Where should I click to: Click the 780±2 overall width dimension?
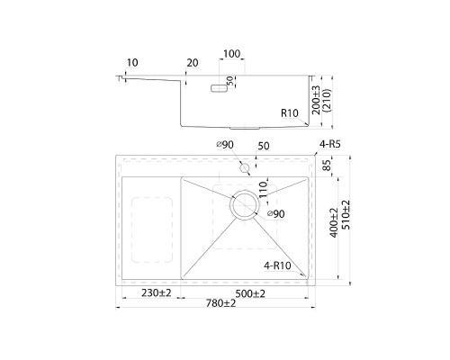point(220,303)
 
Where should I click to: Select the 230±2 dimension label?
point(157,292)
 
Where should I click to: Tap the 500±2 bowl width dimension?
point(250,293)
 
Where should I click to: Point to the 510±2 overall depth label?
point(346,215)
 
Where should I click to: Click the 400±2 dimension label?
point(334,222)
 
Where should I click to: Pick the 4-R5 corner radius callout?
point(329,144)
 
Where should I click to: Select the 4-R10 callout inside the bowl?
point(277,265)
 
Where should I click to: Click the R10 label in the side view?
point(290,113)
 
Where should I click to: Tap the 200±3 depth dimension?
point(316,100)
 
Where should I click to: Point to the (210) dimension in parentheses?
point(326,100)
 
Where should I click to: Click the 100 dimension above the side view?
point(232,54)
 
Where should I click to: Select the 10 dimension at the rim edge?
point(132,62)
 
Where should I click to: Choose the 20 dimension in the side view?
point(193,63)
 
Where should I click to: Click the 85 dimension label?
point(328,165)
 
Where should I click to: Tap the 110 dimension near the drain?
point(263,189)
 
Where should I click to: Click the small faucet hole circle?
point(245,168)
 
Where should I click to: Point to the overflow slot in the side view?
point(219,88)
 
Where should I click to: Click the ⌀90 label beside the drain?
point(275,214)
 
